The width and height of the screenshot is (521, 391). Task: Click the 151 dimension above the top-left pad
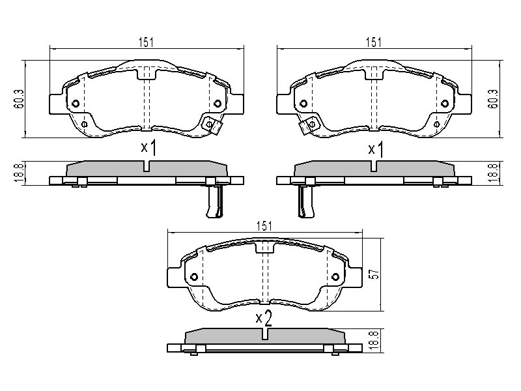tap(146, 42)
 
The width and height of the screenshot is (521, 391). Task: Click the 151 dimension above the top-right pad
tap(373, 42)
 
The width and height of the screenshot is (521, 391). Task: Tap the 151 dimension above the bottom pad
tap(264, 226)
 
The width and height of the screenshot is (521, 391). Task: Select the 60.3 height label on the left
tap(20, 99)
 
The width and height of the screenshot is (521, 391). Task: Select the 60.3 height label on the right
tap(494, 99)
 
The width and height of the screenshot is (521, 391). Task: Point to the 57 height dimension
tap(375, 274)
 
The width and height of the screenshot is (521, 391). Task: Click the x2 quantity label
tap(264, 319)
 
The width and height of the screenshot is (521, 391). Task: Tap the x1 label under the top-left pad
tap(148, 148)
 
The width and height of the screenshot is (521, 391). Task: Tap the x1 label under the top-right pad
tap(376, 149)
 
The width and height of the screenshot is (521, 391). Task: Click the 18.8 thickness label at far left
tap(20, 173)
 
